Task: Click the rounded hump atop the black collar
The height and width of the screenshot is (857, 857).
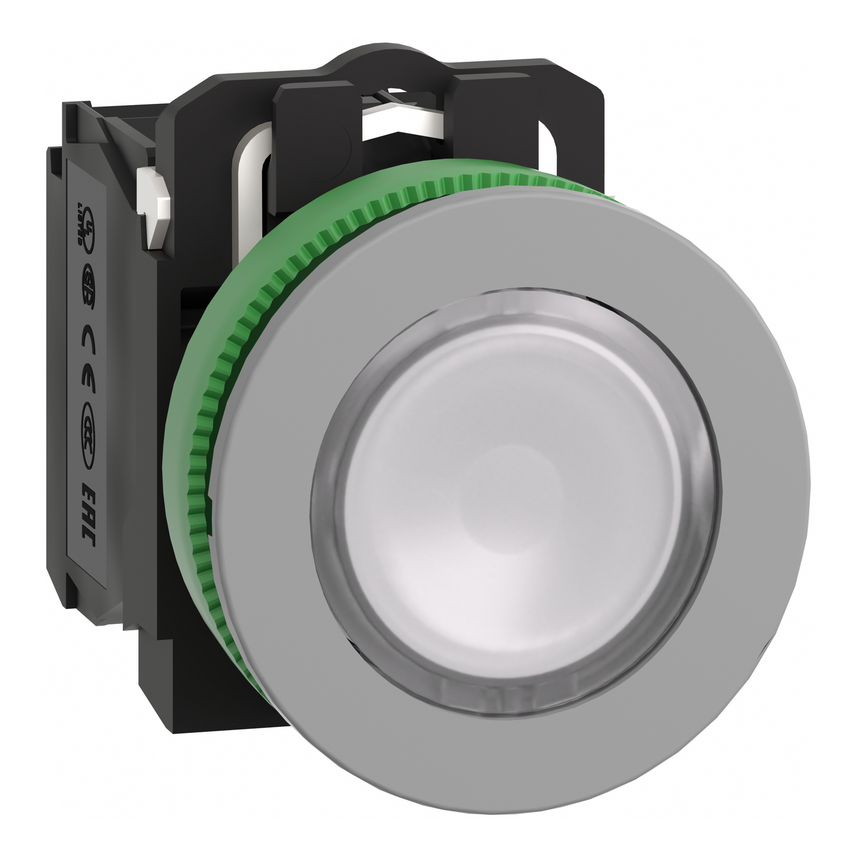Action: (380, 62)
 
